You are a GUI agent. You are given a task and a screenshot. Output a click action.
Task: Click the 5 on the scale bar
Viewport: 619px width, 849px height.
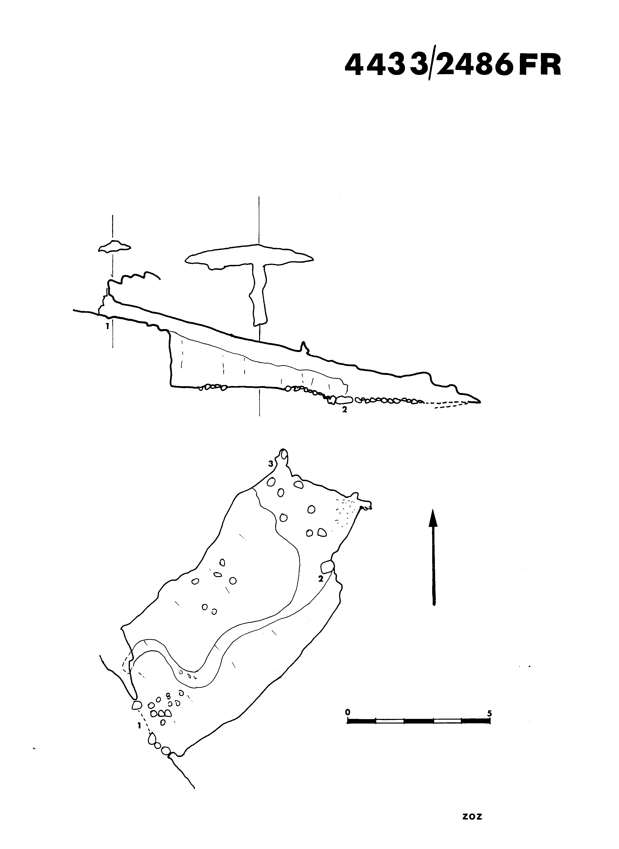489,713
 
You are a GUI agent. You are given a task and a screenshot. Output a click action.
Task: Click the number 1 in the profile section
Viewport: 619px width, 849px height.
107,325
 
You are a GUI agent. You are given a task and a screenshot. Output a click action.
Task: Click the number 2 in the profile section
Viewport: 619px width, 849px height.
344,409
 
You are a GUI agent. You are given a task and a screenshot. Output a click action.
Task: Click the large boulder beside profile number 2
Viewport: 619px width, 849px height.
344,400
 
